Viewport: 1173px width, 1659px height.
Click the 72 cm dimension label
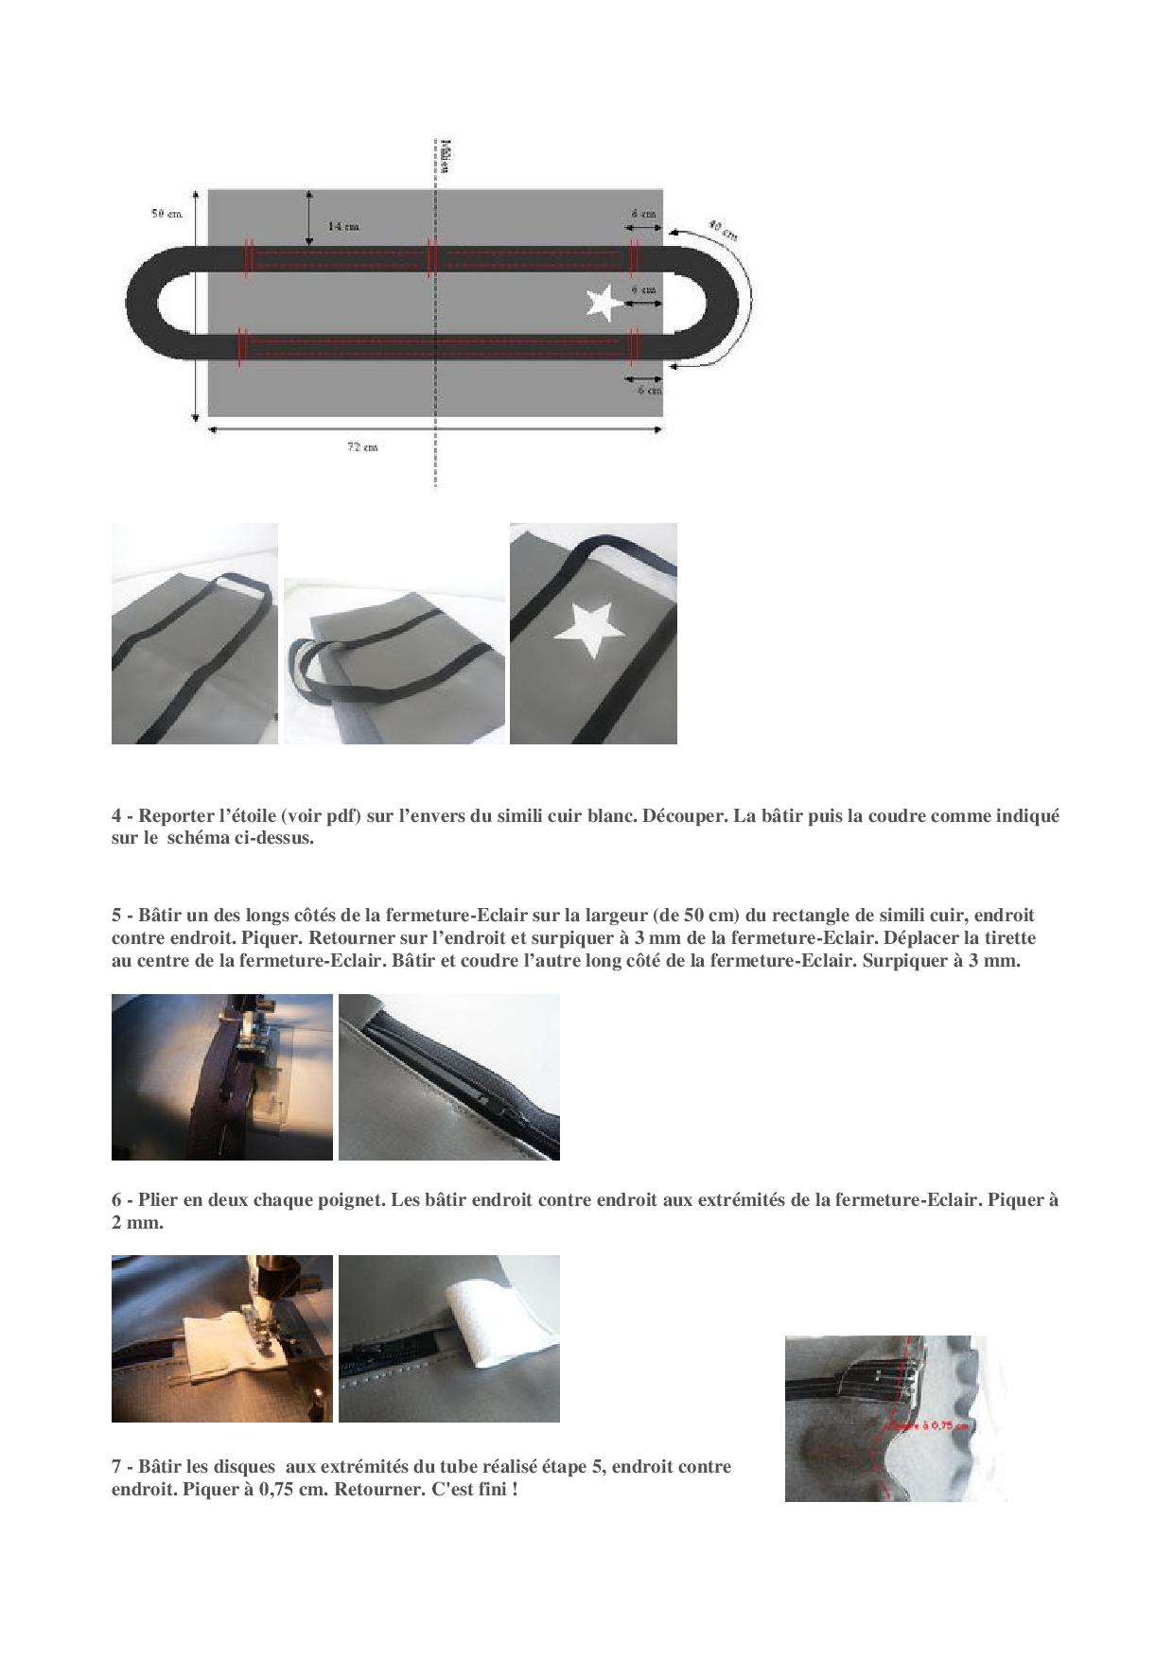[x=361, y=447]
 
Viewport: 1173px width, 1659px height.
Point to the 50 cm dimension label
[x=166, y=214]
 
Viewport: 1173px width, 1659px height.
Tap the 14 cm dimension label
[x=342, y=227]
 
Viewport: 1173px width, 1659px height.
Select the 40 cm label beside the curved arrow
[x=724, y=230]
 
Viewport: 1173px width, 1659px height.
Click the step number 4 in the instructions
[x=116, y=815]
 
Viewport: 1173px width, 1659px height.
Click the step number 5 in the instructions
[x=116, y=916]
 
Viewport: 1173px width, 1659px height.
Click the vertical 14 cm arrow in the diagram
[x=309, y=217]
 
